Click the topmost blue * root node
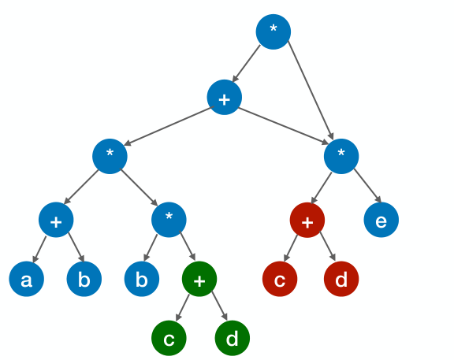coord(274,32)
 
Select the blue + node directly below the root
coord(224,98)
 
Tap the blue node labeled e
coord(381,221)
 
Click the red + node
coord(307,221)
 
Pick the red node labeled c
coord(280,279)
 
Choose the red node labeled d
coord(341,279)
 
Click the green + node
coord(199,279)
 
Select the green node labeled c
coord(169,338)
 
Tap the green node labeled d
coord(232,338)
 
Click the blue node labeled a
coord(26,279)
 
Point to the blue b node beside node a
coord(84,279)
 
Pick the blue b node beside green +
coord(142,279)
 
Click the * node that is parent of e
coord(340,156)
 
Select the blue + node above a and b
coord(56,221)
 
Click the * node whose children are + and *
coord(110,156)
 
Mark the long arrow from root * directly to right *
coord(310,91)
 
